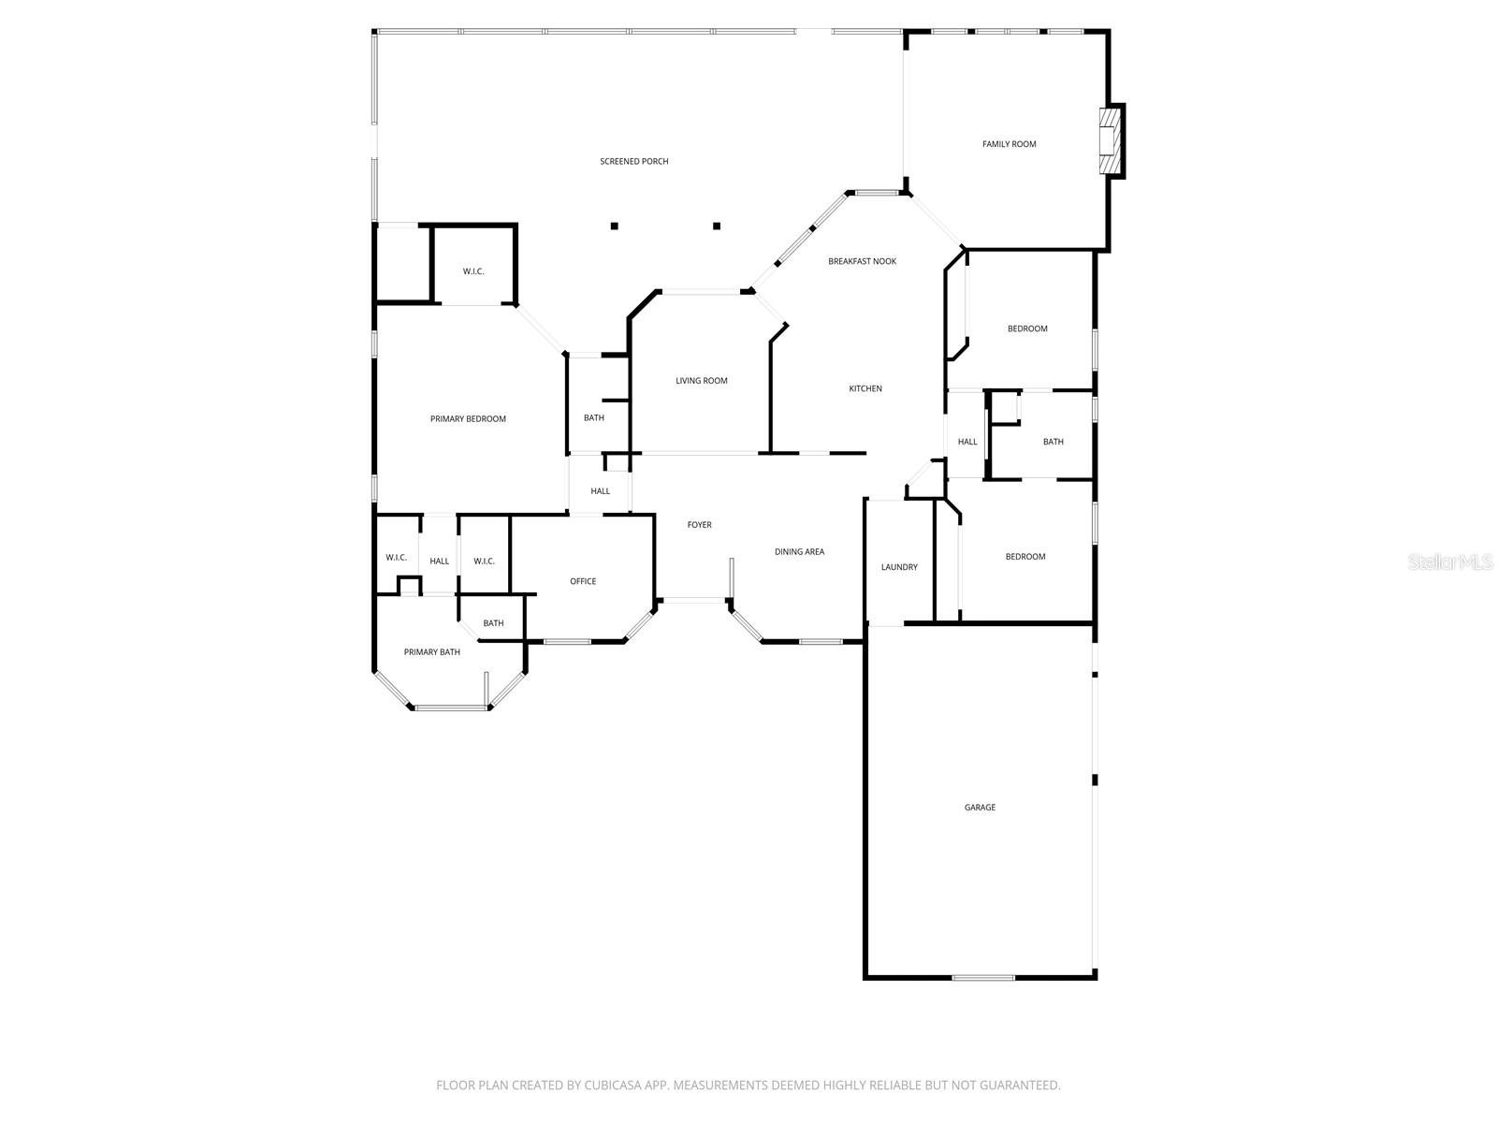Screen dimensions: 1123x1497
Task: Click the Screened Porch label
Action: (634, 161)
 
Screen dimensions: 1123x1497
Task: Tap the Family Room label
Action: (1009, 144)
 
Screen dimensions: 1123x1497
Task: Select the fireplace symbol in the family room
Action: (1110, 141)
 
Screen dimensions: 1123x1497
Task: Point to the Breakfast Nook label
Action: (862, 261)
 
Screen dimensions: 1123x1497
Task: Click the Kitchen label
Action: (865, 388)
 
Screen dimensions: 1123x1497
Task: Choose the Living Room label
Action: (702, 381)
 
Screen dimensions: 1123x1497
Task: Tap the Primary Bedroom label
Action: (468, 418)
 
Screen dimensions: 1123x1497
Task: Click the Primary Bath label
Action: (431, 651)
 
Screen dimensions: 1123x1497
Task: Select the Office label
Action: (583, 581)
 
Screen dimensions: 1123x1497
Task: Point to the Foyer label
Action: (699, 525)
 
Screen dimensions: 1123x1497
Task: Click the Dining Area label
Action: (799, 552)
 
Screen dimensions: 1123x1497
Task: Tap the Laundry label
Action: (899, 567)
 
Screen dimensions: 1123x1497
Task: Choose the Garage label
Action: (980, 807)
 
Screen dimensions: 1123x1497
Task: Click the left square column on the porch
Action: (615, 226)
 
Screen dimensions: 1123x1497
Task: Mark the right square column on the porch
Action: (717, 226)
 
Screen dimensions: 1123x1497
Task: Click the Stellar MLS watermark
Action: (1449, 561)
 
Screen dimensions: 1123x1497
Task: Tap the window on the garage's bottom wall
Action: (982, 978)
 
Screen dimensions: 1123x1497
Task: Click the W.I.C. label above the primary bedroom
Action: (473, 271)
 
